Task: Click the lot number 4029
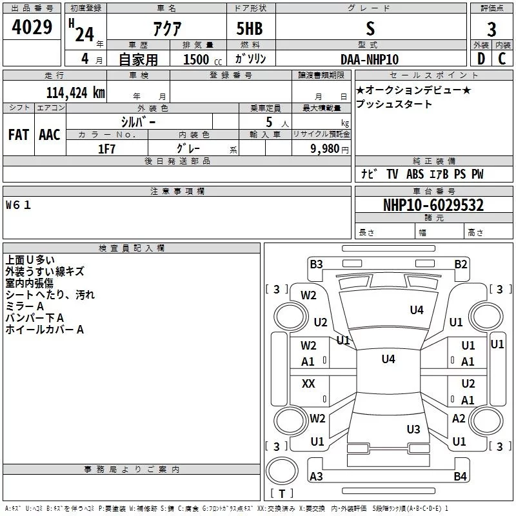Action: [32, 27]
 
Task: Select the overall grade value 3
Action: [491, 30]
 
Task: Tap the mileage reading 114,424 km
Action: [75, 93]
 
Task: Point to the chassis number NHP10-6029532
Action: [433, 205]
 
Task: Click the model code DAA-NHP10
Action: [370, 59]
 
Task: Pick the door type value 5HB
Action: [250, 28]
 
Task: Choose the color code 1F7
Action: [106, 149]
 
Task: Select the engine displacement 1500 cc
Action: [203, 59]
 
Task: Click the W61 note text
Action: [19, 205]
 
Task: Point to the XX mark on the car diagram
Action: [308, 383]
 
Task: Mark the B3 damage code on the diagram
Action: [316, 264]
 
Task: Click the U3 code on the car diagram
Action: [413, 429]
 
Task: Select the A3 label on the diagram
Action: [316, 476]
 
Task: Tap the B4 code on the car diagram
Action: [460, 476]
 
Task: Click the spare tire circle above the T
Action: [282, 471]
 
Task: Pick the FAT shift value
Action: [19, 135]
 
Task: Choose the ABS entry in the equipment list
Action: [415, 174]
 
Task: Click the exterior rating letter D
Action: [481, 59]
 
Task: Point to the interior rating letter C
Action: [502, 59]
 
